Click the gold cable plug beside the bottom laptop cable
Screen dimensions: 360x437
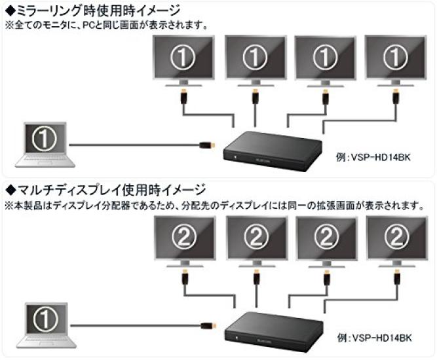click(205, 324)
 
